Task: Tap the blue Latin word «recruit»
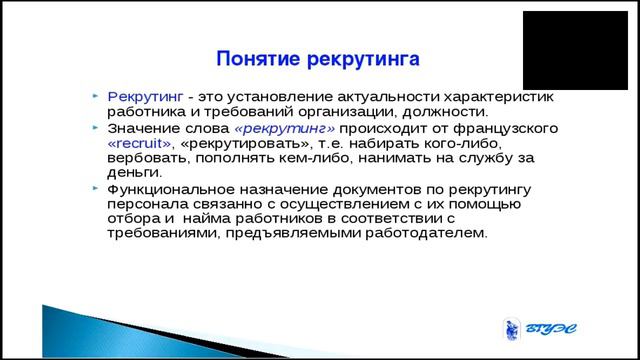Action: click(141, 144)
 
